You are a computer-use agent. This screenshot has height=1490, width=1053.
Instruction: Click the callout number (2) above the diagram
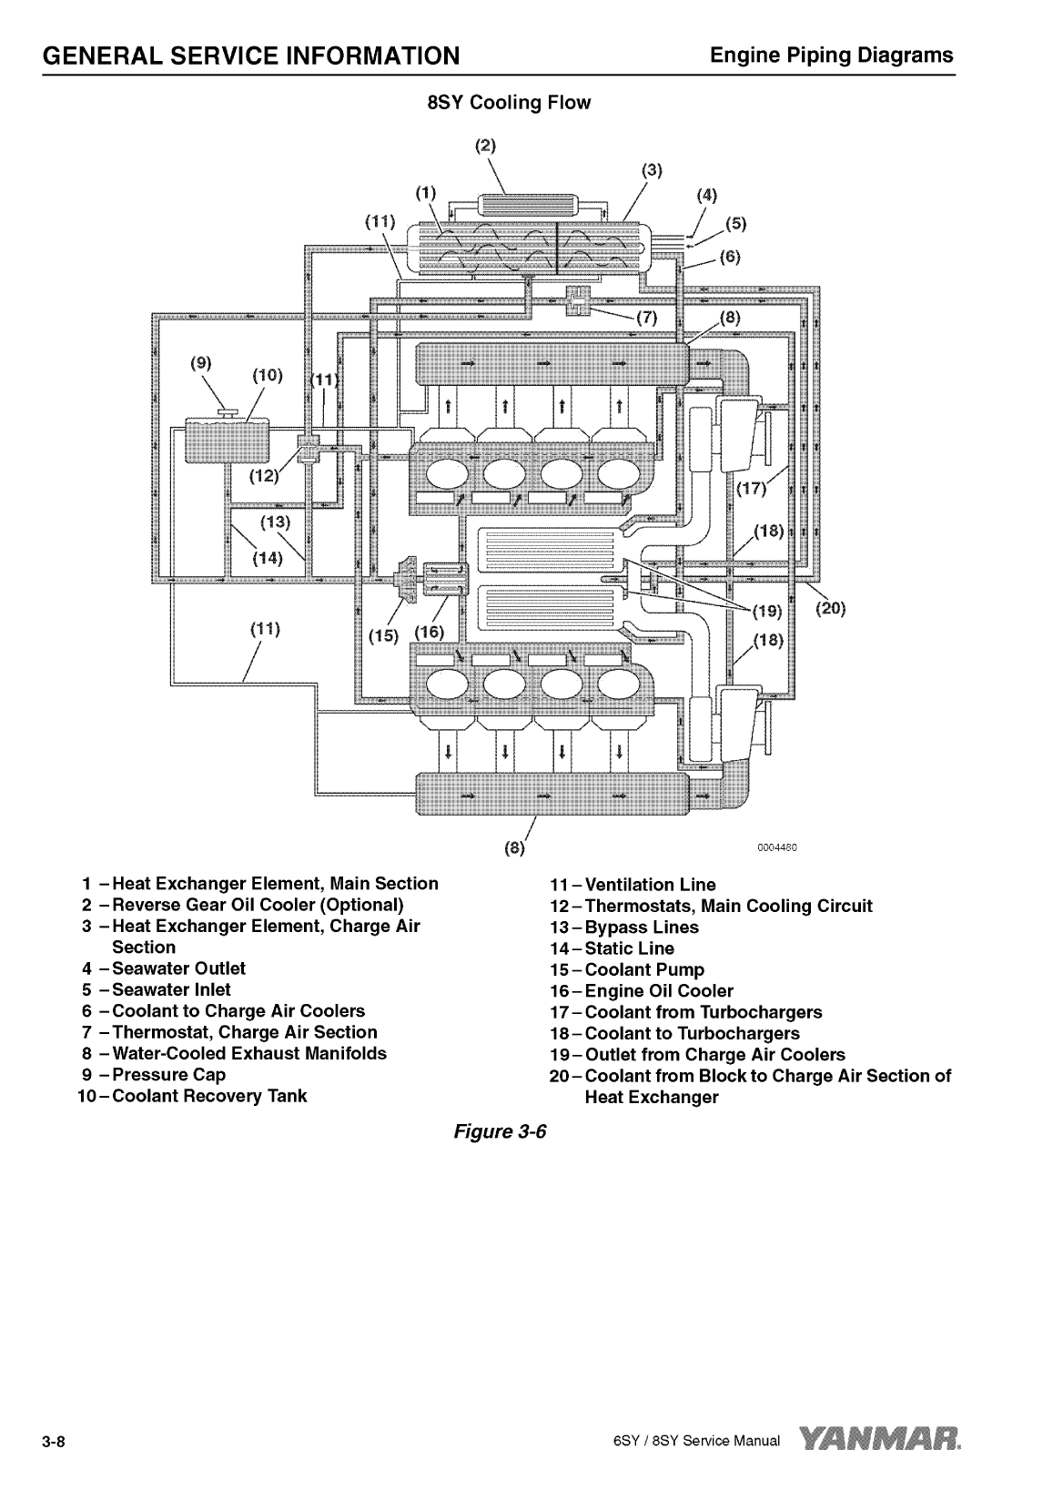tap(487, 145)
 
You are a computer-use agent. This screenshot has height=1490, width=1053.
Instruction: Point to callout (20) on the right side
tap(830, 609)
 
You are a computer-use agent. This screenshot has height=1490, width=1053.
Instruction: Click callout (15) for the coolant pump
tap(383, 634)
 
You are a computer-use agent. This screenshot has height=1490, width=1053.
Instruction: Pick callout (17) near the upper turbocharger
tap(751, 489)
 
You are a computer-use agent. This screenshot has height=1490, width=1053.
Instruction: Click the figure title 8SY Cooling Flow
tap(509, 103)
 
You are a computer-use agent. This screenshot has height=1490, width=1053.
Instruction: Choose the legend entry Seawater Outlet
tap(178, 968)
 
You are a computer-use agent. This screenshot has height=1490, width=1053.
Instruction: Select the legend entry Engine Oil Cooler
tap(658, 991)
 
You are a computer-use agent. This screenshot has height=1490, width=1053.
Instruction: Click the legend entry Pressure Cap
tap(168, 1075)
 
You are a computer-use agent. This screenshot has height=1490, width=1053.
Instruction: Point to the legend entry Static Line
tap(629, 948)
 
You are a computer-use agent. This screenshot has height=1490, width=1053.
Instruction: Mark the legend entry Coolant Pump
tap(643, 970)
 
